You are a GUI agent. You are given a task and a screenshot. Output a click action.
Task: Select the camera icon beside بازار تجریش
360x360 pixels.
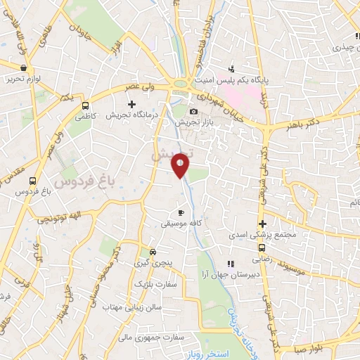pos(193,111)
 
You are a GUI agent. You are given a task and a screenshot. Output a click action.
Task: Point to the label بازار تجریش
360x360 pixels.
pos(194,122)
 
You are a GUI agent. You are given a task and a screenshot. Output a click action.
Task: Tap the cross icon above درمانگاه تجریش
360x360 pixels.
pos(131,104)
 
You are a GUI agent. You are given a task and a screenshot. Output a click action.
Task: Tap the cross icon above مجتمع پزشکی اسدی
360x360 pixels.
pos(262,224)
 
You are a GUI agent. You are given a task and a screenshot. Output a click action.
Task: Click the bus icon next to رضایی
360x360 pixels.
pos(262,247)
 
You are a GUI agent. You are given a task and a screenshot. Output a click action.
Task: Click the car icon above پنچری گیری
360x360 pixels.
pos(153,252)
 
